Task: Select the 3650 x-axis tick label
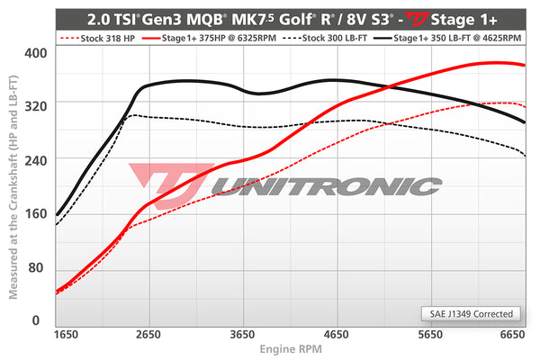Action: pos(244,334)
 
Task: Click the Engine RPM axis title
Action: pos(290,349)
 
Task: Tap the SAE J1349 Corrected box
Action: pos(470,314)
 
